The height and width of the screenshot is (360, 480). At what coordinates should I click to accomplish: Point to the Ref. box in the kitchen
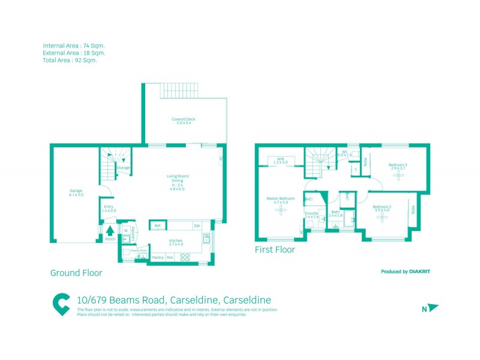(x=157, y=226)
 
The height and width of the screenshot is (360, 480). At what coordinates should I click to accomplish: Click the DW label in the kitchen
(x=196, y=226)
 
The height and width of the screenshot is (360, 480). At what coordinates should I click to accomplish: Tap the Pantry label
(x=158, y=257)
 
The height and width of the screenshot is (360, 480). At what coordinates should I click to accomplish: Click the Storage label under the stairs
(x=124, y=167)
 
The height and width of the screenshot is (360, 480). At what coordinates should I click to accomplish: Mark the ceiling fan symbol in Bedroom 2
(x=382, y=218)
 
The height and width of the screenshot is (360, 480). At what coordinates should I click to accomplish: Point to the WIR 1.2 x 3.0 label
(x=280, y=161)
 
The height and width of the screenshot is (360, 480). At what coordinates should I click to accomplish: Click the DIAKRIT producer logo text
(x=419, y=272)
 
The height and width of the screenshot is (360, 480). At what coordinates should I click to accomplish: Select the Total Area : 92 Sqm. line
(x=70, y=60)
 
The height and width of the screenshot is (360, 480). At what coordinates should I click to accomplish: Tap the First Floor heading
(x=275, y=250)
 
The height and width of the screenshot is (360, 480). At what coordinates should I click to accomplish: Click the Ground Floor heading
(x=76, y=273)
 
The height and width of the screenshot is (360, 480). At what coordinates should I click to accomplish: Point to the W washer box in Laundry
(x=126, y=230)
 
